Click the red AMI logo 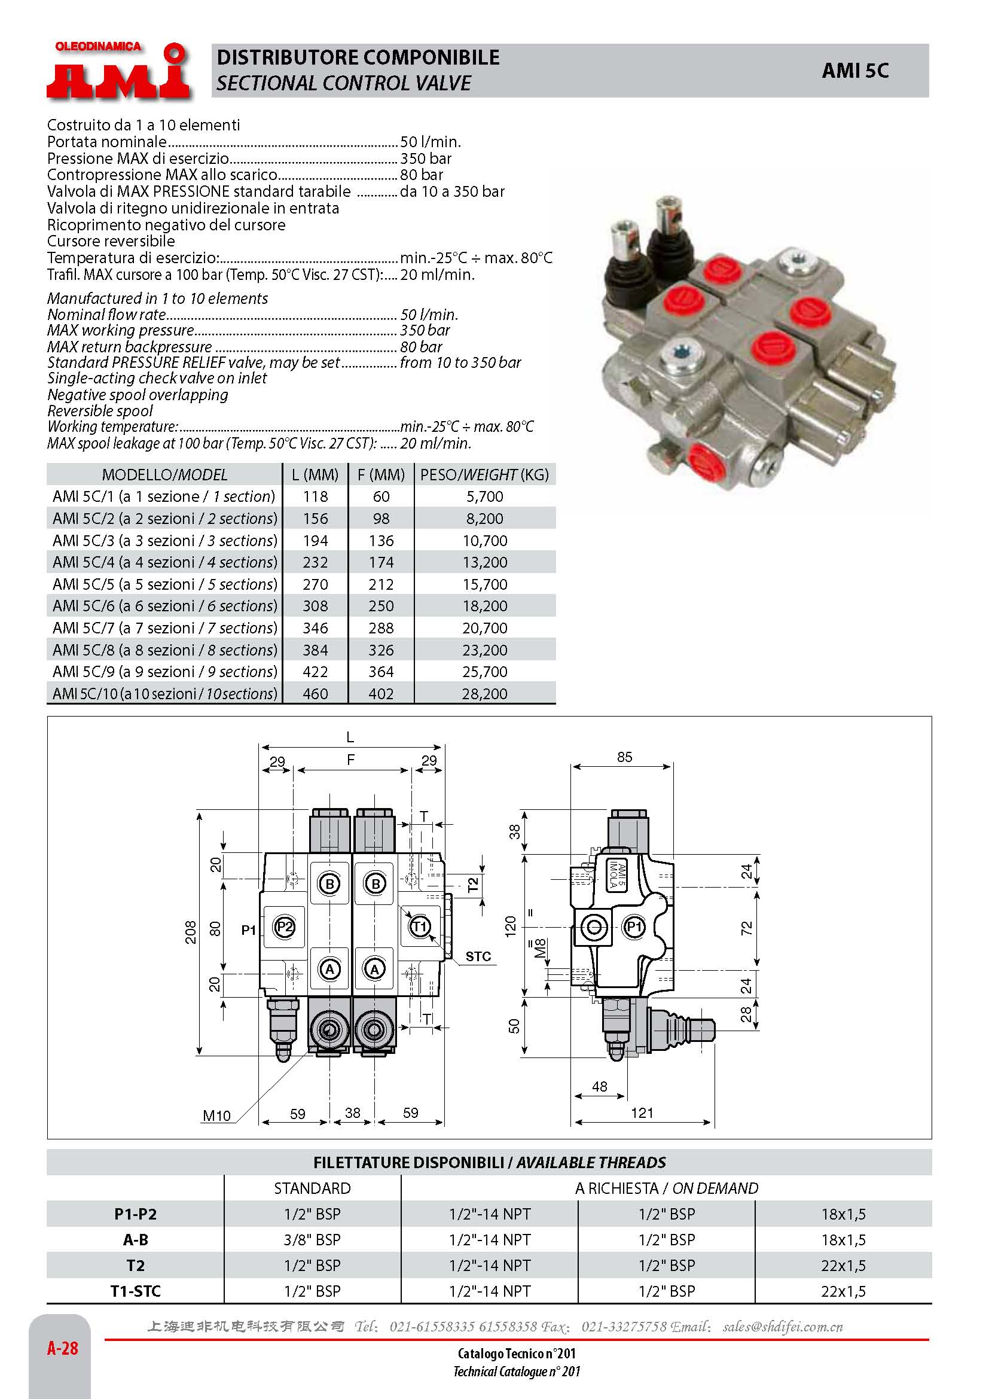(118, 71)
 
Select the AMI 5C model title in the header (854, 71)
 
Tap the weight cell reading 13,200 (484, 562)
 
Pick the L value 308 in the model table (315, 606)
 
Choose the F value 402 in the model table (381, 693)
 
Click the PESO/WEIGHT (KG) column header (484, 475)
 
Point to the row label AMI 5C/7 (164, 627)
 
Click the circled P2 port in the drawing (284, 928)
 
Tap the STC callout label (478, 956)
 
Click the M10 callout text (216, 1115)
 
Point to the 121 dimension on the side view (641, 1113)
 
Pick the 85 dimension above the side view (624, 757)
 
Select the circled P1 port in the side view (634, 928)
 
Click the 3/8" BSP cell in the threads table (312, 1239)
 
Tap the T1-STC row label (135, 1291)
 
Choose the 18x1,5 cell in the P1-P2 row (843, 1214)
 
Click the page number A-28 (63, 1348)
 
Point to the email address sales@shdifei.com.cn (783, 1327)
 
